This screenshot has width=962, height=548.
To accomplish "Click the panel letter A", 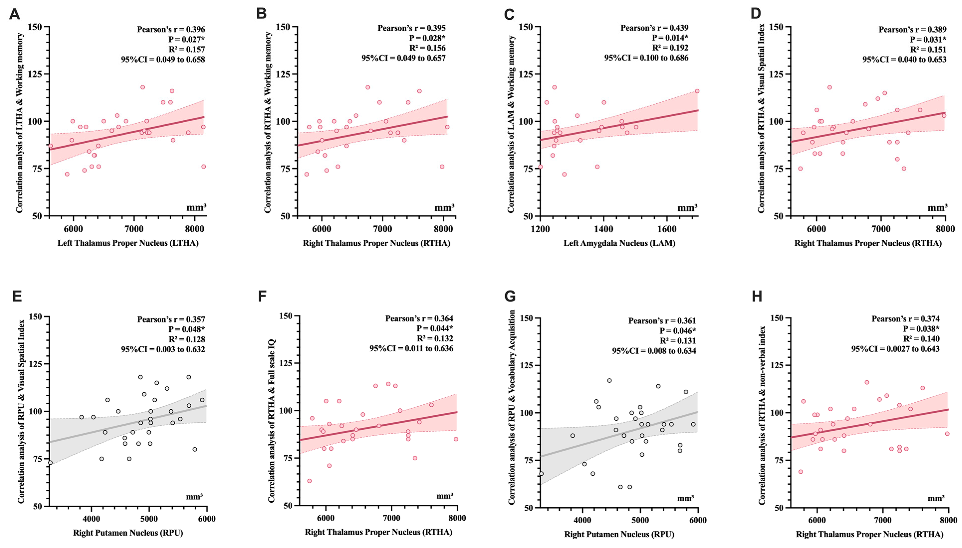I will [x=14, y=14].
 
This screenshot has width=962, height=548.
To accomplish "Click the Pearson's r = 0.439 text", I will [x=654, y=28].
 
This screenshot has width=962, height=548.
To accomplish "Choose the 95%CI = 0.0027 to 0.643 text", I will [x=895, y=349].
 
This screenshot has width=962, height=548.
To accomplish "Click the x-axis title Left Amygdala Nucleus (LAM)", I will [x=619, y=243].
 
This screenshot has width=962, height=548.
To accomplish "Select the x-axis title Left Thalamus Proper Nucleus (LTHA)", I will [x=128, y=243].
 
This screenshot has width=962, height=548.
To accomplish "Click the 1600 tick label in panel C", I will [x=667, y=229].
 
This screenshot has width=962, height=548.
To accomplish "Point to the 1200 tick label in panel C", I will [x=540, y=229].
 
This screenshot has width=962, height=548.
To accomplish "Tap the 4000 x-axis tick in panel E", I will [x=91, y=519].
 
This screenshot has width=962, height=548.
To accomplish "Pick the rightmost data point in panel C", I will [x=697, y=91].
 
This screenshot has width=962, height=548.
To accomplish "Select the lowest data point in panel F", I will [x=309, y=481].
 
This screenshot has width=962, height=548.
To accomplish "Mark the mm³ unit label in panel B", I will [x=444, y=207].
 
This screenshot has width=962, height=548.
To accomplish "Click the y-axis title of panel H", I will [x=762, y=415].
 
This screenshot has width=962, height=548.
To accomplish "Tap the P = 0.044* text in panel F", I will [x=435, y=328].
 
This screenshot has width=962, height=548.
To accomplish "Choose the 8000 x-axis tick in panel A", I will [x=194, y=229].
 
